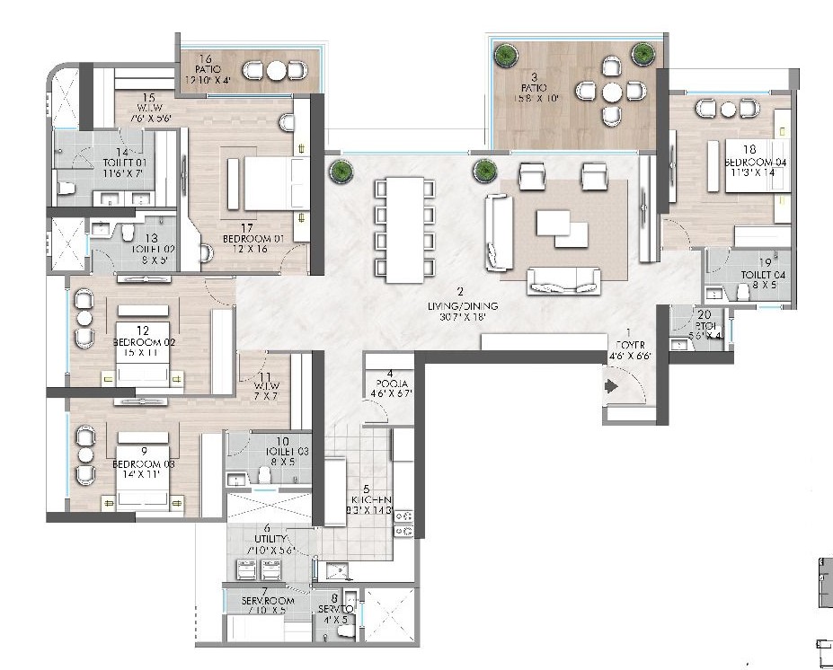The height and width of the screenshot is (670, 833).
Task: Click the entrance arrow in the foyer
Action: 612,387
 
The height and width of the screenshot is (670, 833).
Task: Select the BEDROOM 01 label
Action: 253,239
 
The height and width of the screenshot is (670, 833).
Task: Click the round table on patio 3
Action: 611,91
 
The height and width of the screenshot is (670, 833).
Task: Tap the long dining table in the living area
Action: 403,229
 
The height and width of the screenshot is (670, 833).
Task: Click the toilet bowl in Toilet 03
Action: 264,474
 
